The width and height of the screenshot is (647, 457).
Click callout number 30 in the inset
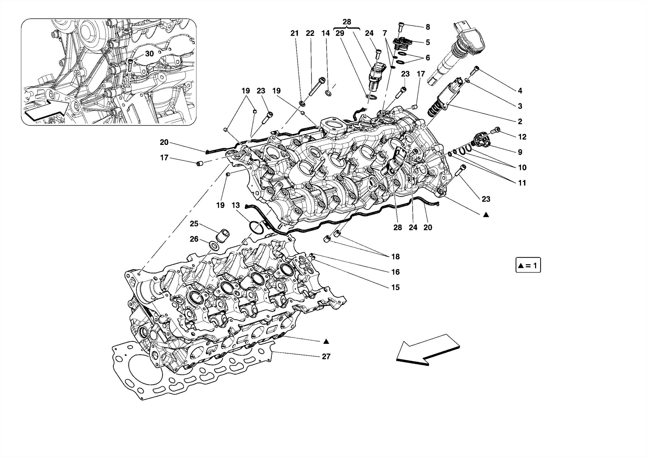click(149, 54)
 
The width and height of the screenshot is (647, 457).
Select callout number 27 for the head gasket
click(326, 357)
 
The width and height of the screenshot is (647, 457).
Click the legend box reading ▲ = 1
click(528, 266)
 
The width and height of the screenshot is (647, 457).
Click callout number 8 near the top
click(428, 27)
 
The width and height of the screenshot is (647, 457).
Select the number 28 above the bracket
click(347, 22)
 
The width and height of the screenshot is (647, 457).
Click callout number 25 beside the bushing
click(194, 224)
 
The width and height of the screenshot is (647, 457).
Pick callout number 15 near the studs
click(396, 287)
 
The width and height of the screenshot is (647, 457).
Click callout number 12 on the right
click(522, 137)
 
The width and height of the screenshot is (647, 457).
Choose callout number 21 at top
click(294, 33)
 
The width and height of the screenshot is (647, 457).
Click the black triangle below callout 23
click(486, 215)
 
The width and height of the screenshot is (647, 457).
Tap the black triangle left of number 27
click(326, 341)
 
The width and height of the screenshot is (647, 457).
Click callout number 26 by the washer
click(194, 239)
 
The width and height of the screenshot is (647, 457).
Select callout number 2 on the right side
click(520, 122)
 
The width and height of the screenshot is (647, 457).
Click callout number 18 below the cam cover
click(396, 257)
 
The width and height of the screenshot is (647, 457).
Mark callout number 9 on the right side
click(520, 152)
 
